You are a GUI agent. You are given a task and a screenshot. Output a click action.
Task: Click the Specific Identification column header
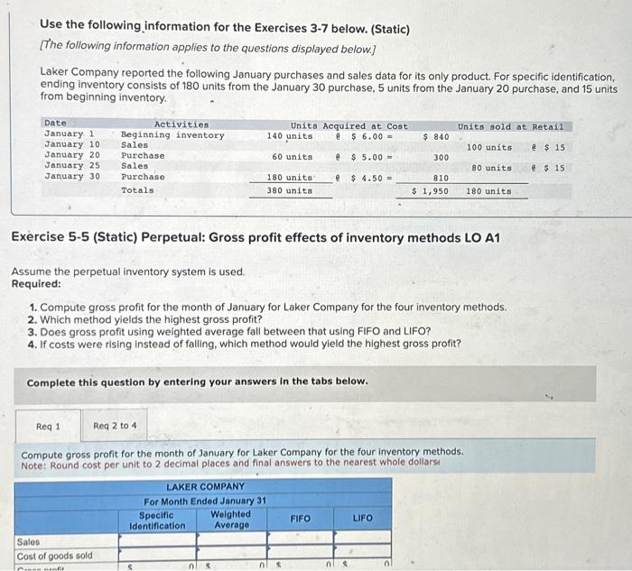[x=157, y=520]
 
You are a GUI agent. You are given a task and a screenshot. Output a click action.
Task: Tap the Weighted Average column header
[x=231, y=520]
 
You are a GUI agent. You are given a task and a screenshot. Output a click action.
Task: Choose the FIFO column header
[x=301, y=519]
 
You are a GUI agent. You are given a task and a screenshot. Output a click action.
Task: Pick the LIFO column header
[x=361, y=519]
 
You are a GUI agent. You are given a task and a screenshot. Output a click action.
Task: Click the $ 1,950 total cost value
[x=430, y=190]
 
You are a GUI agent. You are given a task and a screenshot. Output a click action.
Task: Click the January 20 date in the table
[x=71, y=156]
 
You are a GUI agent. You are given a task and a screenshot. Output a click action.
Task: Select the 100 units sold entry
[x=488, y=146]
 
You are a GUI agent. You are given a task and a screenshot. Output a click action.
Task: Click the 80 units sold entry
[x=491, y=168]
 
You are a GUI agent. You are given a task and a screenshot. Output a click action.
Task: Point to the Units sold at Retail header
[x=510, y=126]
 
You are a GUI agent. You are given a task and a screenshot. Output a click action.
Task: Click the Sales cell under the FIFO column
[x=301, y=542]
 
